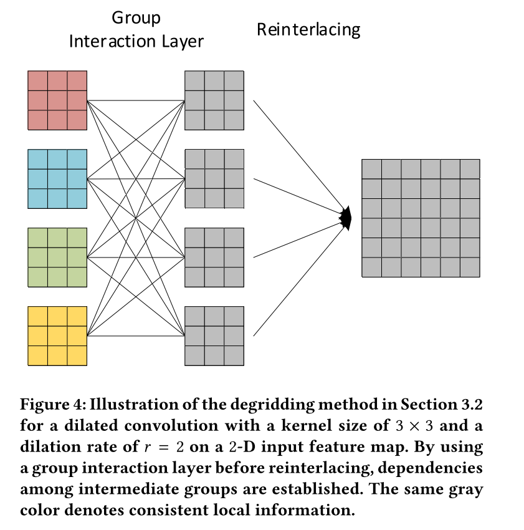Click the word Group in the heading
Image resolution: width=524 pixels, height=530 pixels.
136,17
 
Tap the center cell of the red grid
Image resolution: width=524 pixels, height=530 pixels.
57,100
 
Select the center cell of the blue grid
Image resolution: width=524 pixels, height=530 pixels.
57,179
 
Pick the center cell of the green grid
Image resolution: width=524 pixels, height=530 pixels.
57,258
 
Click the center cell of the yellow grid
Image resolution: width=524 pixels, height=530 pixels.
57,336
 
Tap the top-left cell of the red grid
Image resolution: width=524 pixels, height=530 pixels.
37,80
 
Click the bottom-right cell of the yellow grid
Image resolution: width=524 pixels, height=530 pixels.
77,355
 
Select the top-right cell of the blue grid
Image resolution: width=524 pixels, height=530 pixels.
77,159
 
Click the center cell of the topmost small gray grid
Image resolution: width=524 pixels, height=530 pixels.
214,100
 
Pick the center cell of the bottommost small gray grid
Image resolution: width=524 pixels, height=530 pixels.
214,336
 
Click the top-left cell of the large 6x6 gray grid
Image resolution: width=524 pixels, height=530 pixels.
371,169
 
